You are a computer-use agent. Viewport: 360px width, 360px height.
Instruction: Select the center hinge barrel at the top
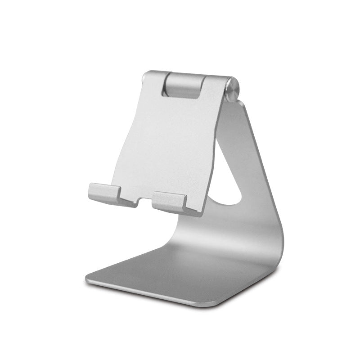pyautogui.click(x=182, y=84)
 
